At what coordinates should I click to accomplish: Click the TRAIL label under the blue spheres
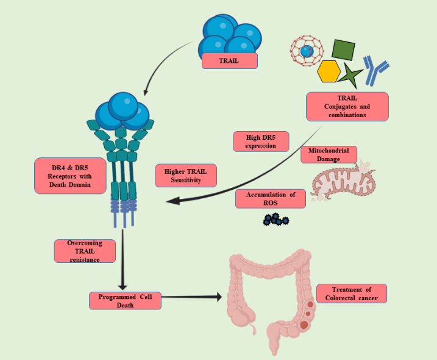click(x=230, y=60)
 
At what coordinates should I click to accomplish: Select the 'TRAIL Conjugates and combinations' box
click(x=347, y=106)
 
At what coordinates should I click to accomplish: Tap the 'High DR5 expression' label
click(x=260, y=141)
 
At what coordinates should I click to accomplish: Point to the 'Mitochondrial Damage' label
click(x=329, y=154)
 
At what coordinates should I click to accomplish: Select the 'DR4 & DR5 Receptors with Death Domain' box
click(x=62, y=176)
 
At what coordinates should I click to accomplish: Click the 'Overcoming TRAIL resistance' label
click(x=85, y=251)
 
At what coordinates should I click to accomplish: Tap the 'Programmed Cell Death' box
click(x=125, y=300)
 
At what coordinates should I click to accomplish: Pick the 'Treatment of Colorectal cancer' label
click(x=352, y=293)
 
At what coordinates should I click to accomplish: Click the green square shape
click(x=343, y=50)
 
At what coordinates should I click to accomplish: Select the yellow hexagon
click(x=329, y=71)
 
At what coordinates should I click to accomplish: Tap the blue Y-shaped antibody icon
click(x=375, y=70)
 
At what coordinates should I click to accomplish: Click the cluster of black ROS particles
click(x=276, y=219)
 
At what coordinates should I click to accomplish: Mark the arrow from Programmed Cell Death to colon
click(x=189, y=297)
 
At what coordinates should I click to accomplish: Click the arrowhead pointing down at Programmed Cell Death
click(x=123, y=285)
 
